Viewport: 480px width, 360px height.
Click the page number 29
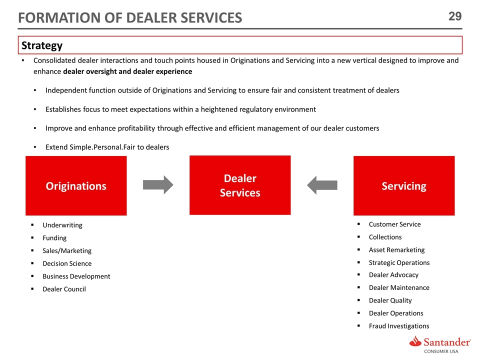454,16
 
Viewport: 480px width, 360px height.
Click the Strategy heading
41,45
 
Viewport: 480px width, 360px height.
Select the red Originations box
76,186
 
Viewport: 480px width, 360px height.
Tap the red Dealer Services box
240,185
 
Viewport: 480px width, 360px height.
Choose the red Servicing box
404,186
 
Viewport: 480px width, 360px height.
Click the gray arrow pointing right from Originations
158,184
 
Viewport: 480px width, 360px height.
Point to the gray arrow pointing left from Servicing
322,184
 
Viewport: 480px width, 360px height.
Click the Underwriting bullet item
62,225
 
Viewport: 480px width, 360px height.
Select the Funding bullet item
54,238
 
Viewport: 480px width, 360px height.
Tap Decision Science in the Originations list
66,263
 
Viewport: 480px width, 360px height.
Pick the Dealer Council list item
64,289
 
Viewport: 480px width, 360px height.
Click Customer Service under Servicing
394,224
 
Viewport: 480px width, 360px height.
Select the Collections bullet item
385,237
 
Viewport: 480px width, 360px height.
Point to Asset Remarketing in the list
396,249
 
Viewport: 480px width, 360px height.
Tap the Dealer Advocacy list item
393,274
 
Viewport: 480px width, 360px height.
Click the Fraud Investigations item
398,326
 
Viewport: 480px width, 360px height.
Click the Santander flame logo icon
415,342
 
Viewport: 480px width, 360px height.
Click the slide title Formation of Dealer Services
130,18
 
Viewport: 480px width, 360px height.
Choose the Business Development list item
76,276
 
